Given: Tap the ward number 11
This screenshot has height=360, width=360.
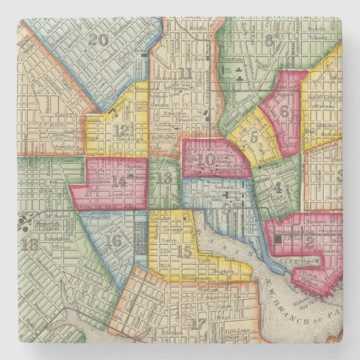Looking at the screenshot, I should coord(186,73).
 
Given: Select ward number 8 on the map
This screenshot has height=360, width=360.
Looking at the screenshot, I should coord(269,40).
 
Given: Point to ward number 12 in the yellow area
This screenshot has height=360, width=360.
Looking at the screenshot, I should coord(120,130).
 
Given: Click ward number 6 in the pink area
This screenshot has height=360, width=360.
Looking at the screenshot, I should coord(285,111).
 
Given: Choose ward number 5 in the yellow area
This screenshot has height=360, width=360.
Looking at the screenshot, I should coord(254,136).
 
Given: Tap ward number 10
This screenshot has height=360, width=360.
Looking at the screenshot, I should coord(206,159).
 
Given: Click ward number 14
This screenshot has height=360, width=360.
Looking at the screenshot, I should coord(119,181).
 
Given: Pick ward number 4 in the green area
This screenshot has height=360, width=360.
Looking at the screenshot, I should coord(277,187).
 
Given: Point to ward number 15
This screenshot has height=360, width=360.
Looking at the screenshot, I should coord(184,252).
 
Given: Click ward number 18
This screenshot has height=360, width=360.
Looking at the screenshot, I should coord(32,244).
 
